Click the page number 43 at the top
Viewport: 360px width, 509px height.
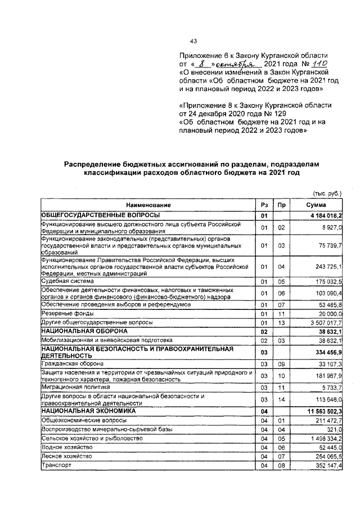(194, 41)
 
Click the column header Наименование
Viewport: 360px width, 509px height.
(148, 205)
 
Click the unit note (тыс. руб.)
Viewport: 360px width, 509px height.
(326, 193)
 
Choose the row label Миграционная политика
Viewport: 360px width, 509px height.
(74, 388)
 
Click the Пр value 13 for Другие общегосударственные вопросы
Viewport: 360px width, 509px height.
(281, 323)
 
